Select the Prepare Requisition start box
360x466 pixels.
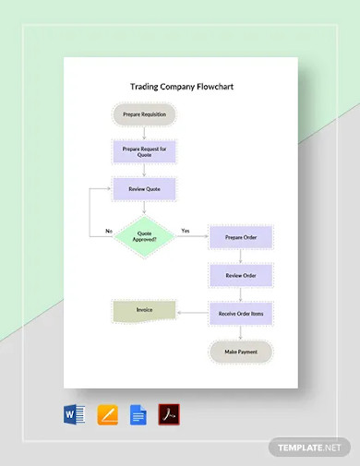point(143,115)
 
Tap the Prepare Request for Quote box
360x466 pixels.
point(143,151)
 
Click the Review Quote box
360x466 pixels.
point(143,189)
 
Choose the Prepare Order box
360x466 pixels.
point(240,237)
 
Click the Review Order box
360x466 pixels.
point(240,275)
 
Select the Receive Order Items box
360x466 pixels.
point(240,314)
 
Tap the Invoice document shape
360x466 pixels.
point(143,312)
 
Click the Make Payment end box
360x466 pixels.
point(240,352)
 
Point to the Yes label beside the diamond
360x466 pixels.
point(185,231)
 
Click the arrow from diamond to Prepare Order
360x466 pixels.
point(192,237)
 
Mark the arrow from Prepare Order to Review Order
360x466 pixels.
point(240,257)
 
